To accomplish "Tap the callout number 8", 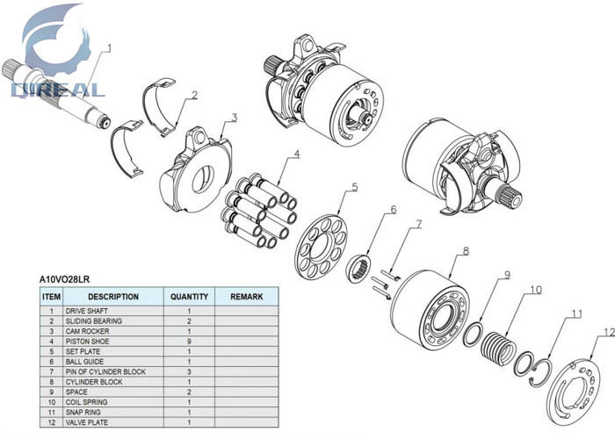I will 467,251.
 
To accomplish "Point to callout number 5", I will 355,186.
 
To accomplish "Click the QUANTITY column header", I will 189,297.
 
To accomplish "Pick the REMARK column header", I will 246,297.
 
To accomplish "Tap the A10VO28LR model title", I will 64,280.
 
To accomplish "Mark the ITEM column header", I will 51,297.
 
